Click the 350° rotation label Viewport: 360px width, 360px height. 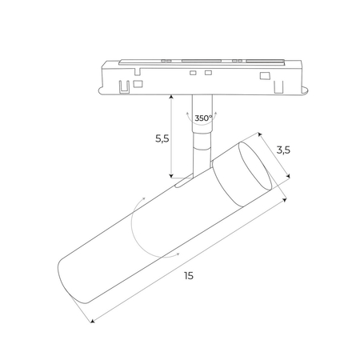pyautogui.click(x=203, y=118)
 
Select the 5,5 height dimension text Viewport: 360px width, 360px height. pyautogui.click(x=161, y=138)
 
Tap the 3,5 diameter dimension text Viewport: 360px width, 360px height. pyautogui.click(x=282, y=149)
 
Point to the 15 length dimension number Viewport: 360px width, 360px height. pyautogui.click(x=189, y=275)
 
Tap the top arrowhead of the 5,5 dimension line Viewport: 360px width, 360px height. pyautogui.click(x=171, y=95)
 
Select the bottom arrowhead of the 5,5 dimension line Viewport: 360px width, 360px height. pyautogui.click(x=171, y=176)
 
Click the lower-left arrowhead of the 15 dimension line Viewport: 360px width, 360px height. pyautogui.click(x=91, y=322)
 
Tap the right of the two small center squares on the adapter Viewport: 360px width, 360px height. pyautogui.click(x=208, y=74)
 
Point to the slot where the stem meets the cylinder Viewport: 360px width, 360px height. pyautogui.click(x=185, y=183)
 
